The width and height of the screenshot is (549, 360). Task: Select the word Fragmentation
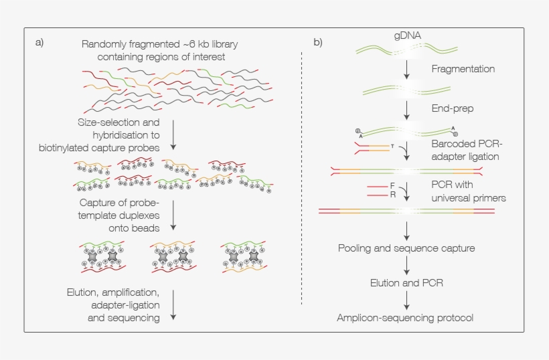click(x=463, y=69)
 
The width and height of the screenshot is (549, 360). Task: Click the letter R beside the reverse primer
click(x=393, y=195)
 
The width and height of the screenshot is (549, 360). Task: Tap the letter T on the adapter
click(x=392, y=145)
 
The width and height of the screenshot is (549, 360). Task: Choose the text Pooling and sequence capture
click(x=406, y=248)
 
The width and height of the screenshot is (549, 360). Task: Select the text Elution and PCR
click(x=406, y=283)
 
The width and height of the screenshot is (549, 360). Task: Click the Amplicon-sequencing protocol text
click(x=406, y=318)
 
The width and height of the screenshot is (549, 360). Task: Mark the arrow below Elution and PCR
click(x=406, y=300)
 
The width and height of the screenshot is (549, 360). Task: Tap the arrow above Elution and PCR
click(x=406, y=266)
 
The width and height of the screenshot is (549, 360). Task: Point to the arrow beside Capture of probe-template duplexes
click(x=173, y=215)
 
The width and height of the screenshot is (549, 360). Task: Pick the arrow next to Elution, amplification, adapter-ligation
click(x=173, y=305)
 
